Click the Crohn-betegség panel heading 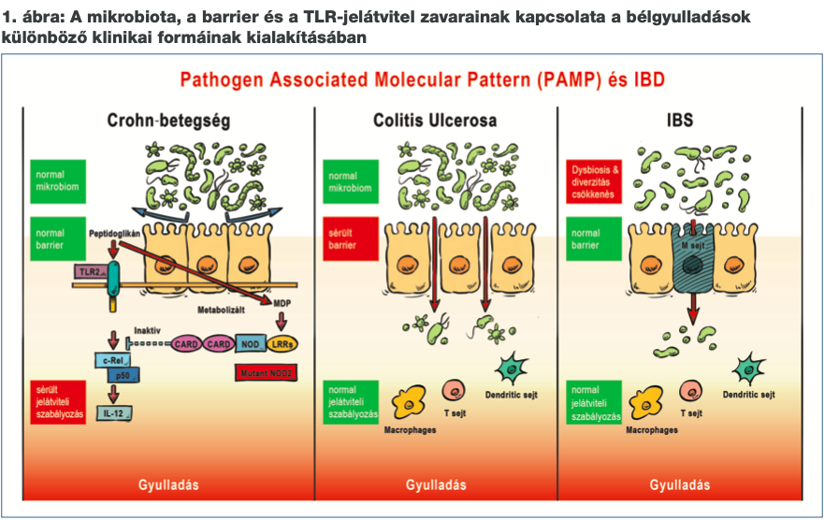click(x=168, y=121)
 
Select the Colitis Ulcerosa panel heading click(x=435, y=121)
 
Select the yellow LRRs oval click(x=282, y=344)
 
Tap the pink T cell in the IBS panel click(x=691, y=390)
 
